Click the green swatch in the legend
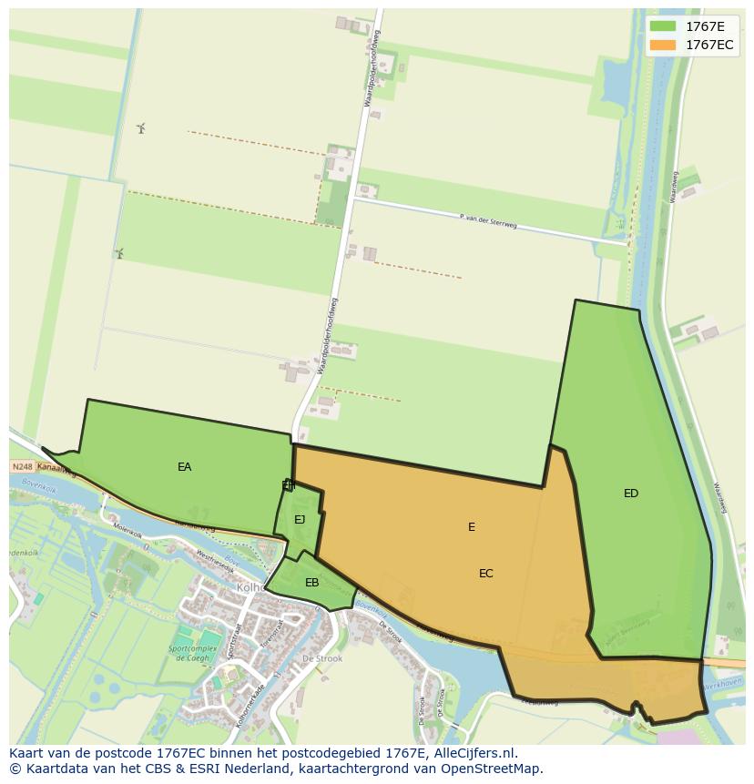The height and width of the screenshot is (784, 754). point(663,25)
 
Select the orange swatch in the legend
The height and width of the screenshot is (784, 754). point(663,45)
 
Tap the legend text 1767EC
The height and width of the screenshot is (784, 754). point(709,45)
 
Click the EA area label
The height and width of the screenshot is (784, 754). point(185,467)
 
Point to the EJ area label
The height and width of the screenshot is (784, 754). point(300,520)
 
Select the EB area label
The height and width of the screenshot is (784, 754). point(311,583)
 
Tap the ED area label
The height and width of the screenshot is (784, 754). point(631,494)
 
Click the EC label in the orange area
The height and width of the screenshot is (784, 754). point(486,574)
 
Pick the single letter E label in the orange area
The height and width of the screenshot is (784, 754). point(472,527)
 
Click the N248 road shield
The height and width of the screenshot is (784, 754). point(22,467)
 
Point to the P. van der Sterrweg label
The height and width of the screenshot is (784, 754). point(488,220)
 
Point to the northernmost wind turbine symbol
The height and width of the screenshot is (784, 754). point(141,128)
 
